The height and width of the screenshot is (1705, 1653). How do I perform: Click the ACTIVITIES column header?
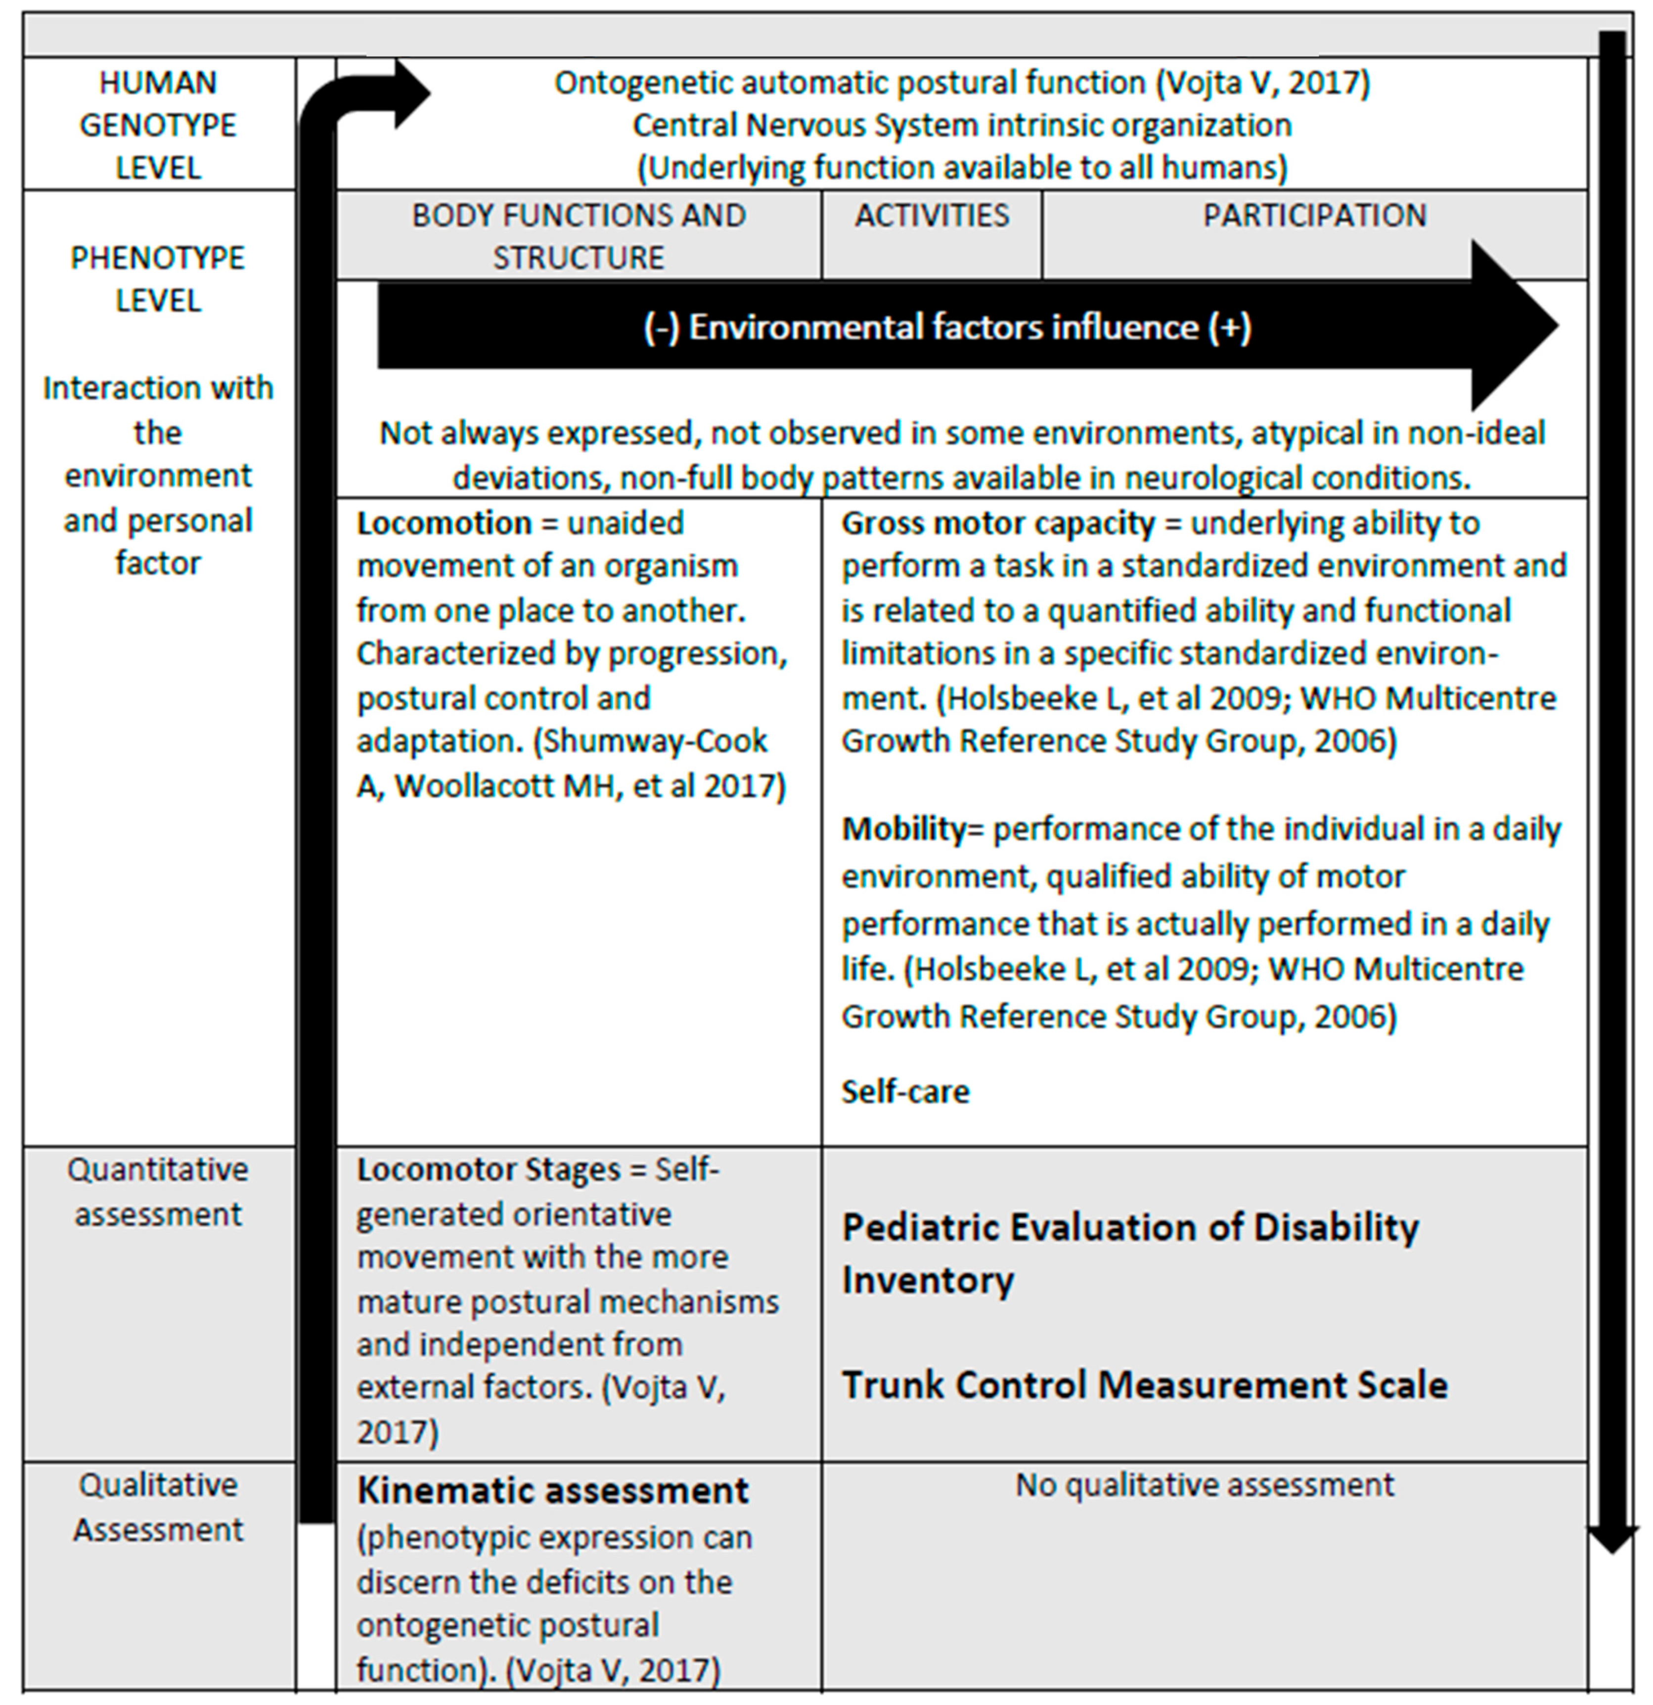931,216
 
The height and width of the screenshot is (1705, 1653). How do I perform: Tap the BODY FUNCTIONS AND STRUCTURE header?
579,236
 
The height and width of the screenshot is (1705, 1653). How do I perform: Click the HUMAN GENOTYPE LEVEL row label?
157,125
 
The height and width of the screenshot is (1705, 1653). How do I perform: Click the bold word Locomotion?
444,523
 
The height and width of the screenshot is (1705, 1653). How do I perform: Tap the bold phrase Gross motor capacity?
997,523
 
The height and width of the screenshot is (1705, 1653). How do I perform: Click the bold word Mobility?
903,829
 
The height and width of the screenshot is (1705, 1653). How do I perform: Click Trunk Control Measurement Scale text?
1144,1385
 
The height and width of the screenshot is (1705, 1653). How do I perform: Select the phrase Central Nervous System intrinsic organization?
961,125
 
